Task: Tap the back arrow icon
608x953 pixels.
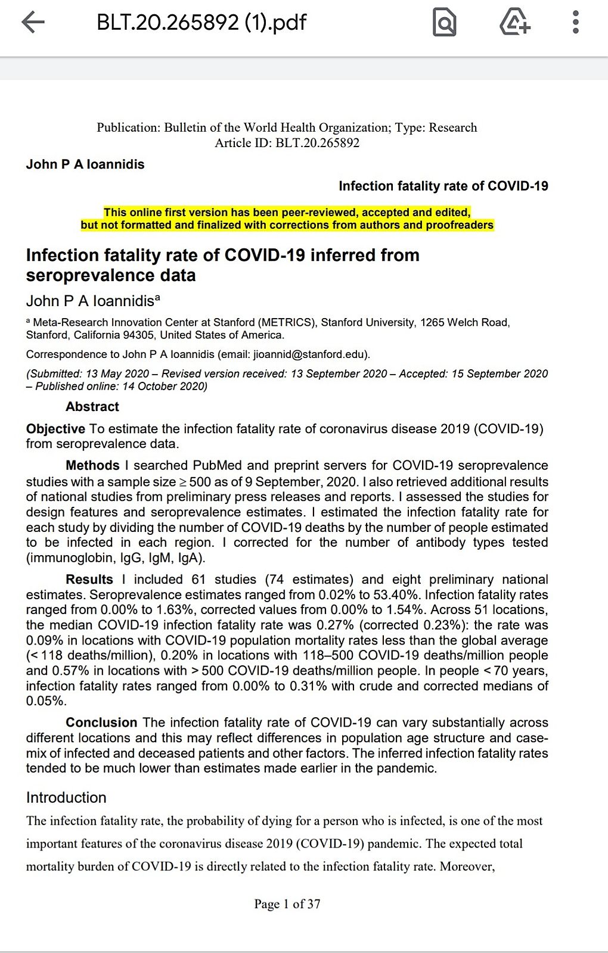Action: coord(33,23)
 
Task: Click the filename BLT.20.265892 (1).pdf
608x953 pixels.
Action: coord(201,23)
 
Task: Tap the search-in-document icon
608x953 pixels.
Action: coord(444,23)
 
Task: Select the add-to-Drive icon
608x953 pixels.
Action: coord(514,23)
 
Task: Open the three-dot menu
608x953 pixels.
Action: coord(575,23)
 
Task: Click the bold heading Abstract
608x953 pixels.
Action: coord(92,407)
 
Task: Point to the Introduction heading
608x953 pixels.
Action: coord(66,798)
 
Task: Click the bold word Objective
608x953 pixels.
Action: coord(55,429)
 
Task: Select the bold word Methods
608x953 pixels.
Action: coord(92,465)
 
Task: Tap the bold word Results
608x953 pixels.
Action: coord(89,580)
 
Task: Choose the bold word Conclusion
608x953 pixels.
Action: coord(101,722)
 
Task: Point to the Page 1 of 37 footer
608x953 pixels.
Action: coord(287,904)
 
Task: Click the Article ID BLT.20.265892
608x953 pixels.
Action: coord(317,143)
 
